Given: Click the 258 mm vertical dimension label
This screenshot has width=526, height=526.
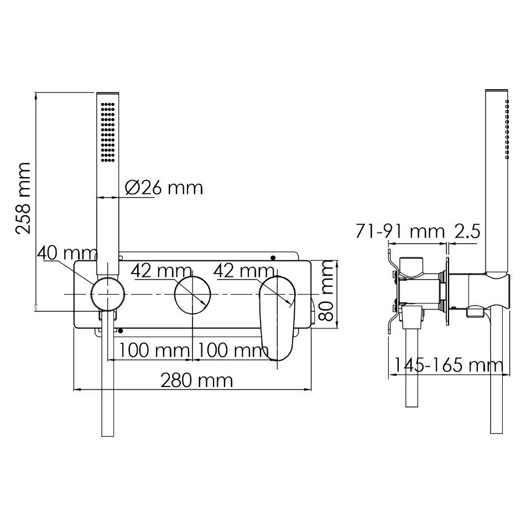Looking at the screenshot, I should [x=24, y=198].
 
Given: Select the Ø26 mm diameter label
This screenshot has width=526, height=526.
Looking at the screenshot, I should [x=164, y=188].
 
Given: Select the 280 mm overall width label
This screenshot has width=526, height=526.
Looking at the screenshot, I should [x=196, y=380].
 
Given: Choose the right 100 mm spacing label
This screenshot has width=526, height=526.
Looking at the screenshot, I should [x=233, y=350].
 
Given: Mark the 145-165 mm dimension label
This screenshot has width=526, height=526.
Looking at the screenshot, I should [x=448, y=365].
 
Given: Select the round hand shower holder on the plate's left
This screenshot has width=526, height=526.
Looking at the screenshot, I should [x=108, y=293].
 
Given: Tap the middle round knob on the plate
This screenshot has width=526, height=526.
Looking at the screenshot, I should [x=192, y=293].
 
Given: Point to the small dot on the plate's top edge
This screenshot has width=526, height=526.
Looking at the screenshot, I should [x=272, y=257].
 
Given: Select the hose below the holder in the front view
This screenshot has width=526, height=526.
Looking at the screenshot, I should [x=108, y=388].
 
